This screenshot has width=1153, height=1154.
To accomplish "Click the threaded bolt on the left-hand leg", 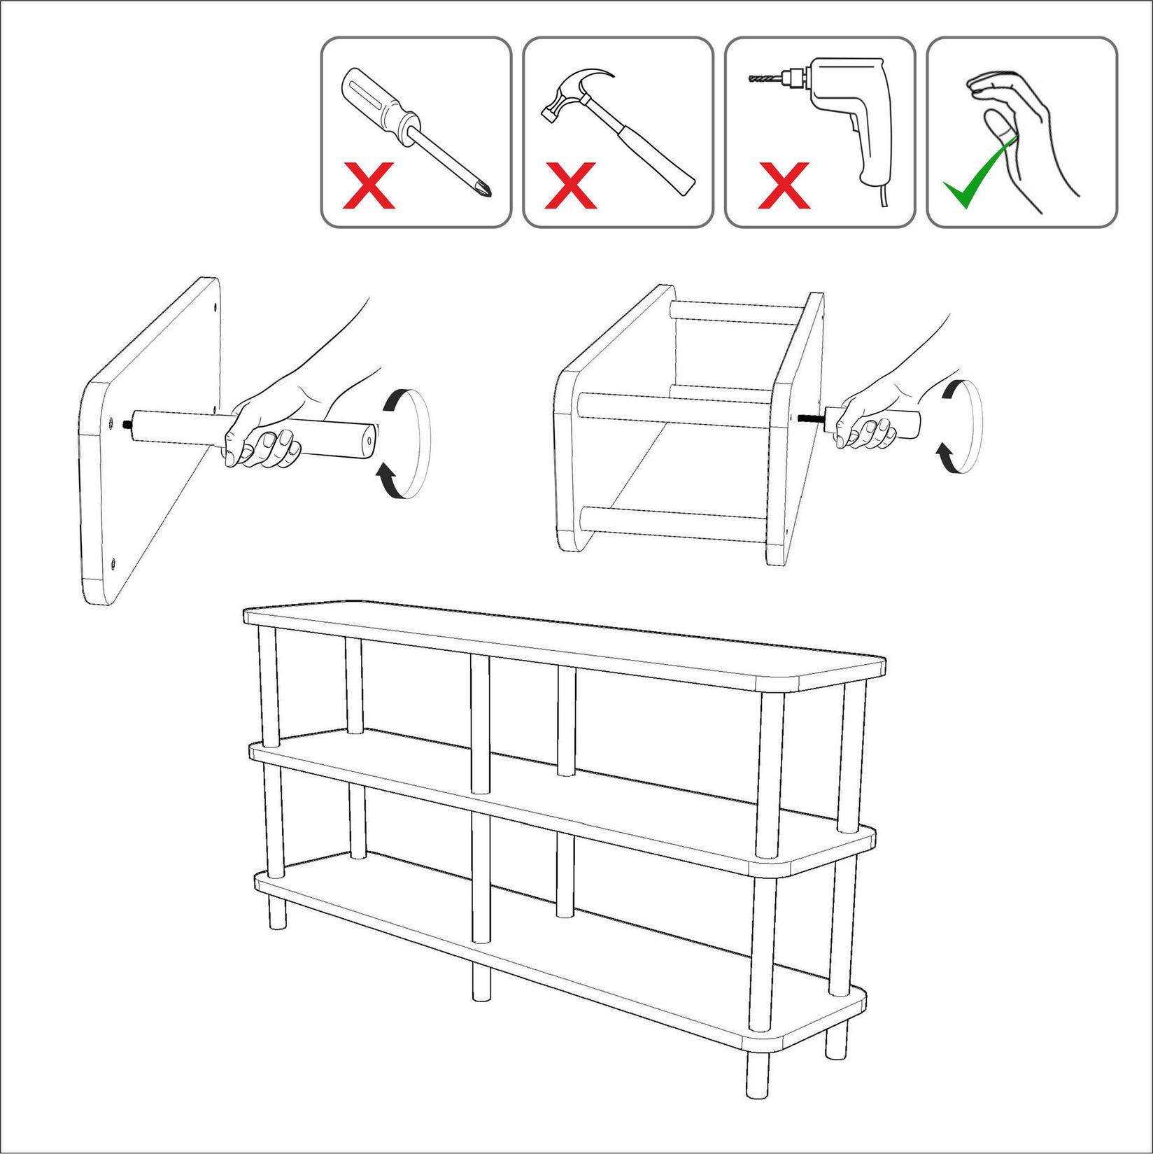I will coord(127,423).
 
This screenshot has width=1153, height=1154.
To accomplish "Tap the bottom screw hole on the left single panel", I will coord(113,562).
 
